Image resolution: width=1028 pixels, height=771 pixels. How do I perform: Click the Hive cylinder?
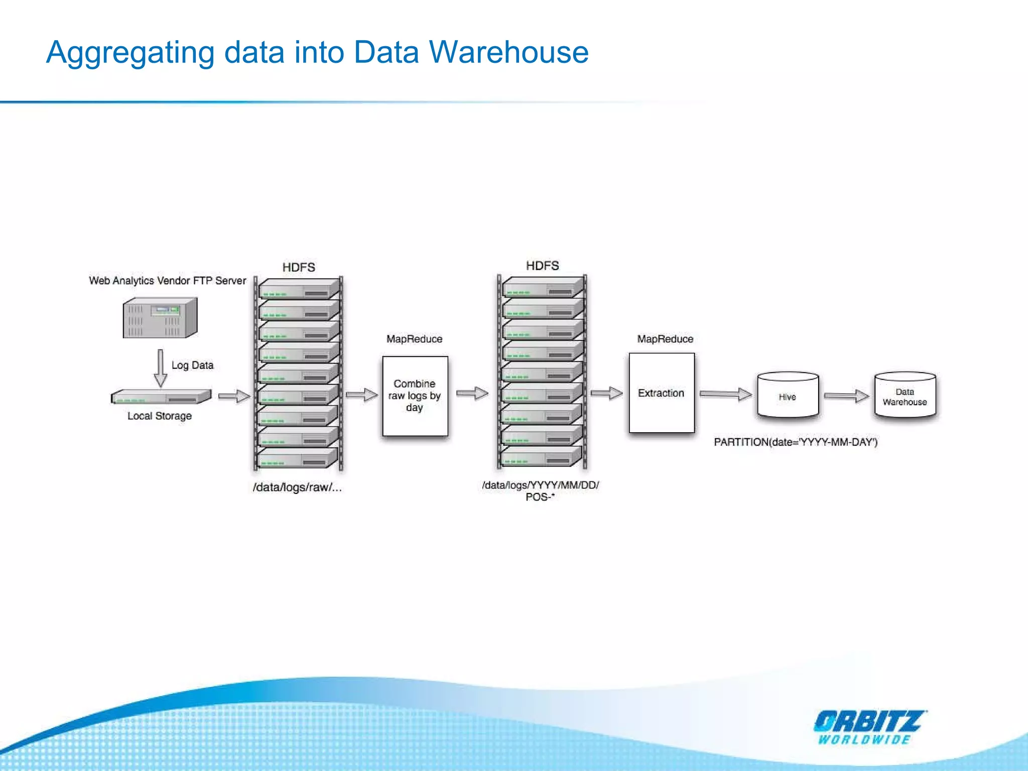pos(788,396)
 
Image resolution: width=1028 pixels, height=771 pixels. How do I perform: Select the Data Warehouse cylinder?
pos(905,396)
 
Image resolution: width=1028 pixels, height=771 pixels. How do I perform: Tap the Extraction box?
pos(662,393)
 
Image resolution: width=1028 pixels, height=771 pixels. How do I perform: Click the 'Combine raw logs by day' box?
pos(415,396)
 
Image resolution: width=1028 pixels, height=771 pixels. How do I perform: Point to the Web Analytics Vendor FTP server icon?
pos(160,318)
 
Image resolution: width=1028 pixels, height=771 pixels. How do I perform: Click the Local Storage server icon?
pos(161,397)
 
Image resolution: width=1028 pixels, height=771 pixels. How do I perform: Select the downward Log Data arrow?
pos(160,368)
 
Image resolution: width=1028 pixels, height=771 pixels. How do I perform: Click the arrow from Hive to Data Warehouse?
pos(846,397)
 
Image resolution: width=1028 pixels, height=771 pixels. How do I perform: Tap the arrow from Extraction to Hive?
pos(726,395)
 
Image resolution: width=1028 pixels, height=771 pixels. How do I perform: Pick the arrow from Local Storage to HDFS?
pos(234,397)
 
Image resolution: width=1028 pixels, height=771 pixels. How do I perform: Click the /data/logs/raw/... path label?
pos(297,487)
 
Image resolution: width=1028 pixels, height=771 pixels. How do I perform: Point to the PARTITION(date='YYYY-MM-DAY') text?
pos(796,442)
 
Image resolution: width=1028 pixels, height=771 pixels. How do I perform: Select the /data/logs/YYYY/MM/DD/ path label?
pos(540,485)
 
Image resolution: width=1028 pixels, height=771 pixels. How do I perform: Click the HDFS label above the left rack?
pos(299,267)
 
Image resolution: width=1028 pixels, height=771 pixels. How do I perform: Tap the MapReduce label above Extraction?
pos(665,339)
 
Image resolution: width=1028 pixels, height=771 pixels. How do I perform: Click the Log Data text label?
pos(192,365)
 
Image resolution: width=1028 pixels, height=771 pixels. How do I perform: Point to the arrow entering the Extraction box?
pos(606,394)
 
